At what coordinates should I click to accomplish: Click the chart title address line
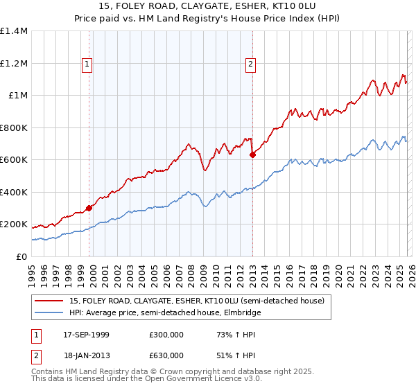pyautogui.click(x=208, y=7)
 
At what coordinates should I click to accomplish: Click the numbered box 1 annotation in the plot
pyautogui.click(x=87, y=64)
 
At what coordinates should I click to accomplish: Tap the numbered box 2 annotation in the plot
pyautogui.click(x=250, y=64)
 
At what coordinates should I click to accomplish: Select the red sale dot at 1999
pyautogui.click(x=89, y=208)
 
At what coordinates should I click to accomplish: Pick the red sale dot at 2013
pyautogui.click(x=252, y=155)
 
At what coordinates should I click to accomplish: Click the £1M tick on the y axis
pyautogui.click(x=18, y=96)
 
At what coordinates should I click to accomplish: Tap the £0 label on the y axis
pyautogui.click(x=22, y=256)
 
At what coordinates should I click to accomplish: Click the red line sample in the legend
pyautogui.click(x=50, y=301)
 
